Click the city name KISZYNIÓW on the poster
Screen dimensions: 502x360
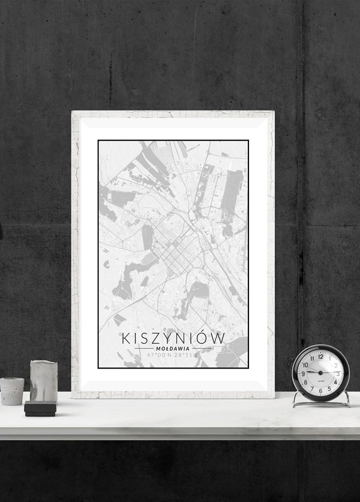point(173,338)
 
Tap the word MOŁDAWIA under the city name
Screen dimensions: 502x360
point(173,348)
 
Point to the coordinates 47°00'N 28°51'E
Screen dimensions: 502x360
point(173,355)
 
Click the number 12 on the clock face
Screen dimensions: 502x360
point(320,356)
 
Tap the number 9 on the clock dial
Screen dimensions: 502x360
point(303,373)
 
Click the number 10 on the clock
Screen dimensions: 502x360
point(305,364)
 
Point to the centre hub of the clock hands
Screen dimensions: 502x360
point(320,373)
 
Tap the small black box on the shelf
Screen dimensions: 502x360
point(40,409)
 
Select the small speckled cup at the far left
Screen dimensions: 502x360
point(12,391)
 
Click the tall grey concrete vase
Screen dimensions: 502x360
point(44,381)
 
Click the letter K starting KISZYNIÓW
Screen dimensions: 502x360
point(126,338)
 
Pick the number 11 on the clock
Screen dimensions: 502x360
point(311,358)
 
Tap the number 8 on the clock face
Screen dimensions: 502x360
point(305,381)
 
